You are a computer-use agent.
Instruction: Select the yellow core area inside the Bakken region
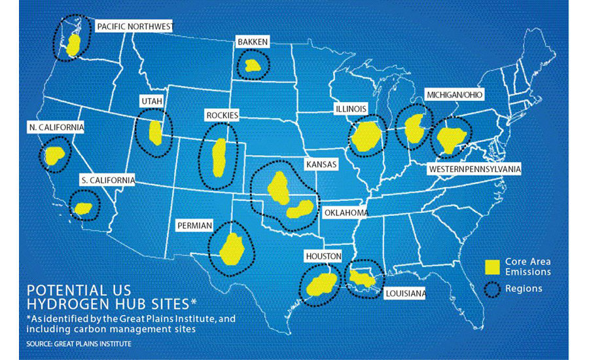tap(251, 65)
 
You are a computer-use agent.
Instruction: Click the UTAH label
tap(151, 101)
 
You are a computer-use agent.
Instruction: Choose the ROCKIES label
tap(222, 115)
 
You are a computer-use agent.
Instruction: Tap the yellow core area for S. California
tap(83, 209)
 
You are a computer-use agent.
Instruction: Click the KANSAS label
tap(321, 165)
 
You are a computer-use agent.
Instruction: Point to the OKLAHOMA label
tap(346, 213)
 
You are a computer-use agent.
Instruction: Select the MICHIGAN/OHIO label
tap(454, 95)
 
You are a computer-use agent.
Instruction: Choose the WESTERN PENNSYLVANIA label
tap(474, 169)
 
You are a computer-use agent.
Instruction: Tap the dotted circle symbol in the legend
tap(492, 288)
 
